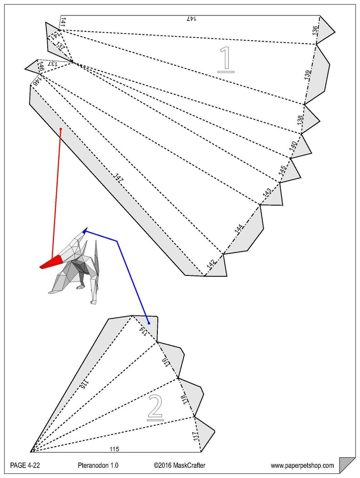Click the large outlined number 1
(226, 59)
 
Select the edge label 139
(308, 76)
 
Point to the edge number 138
(300, 121)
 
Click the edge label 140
(293, 146)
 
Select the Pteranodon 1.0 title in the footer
(97, 465)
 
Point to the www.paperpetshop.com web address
(302, 465)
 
